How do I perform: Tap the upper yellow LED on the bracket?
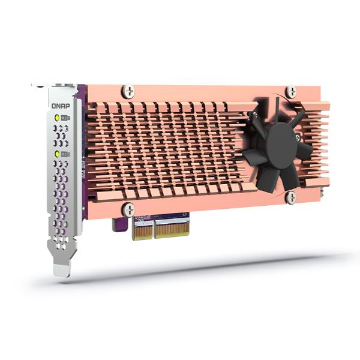[x=57, y=118]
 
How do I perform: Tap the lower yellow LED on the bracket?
[x=57, y=154]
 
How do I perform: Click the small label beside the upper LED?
[x=66, y=118]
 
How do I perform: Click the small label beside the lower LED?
[x=66, y=154]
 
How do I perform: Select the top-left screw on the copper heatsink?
[x=128, y=91]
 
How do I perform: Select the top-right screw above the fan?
[x=291, y=92]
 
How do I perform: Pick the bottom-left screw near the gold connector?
[x=128, y=209]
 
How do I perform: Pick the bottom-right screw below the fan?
[x=291, y=198]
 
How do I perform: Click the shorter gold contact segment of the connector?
[x=142, y=230]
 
